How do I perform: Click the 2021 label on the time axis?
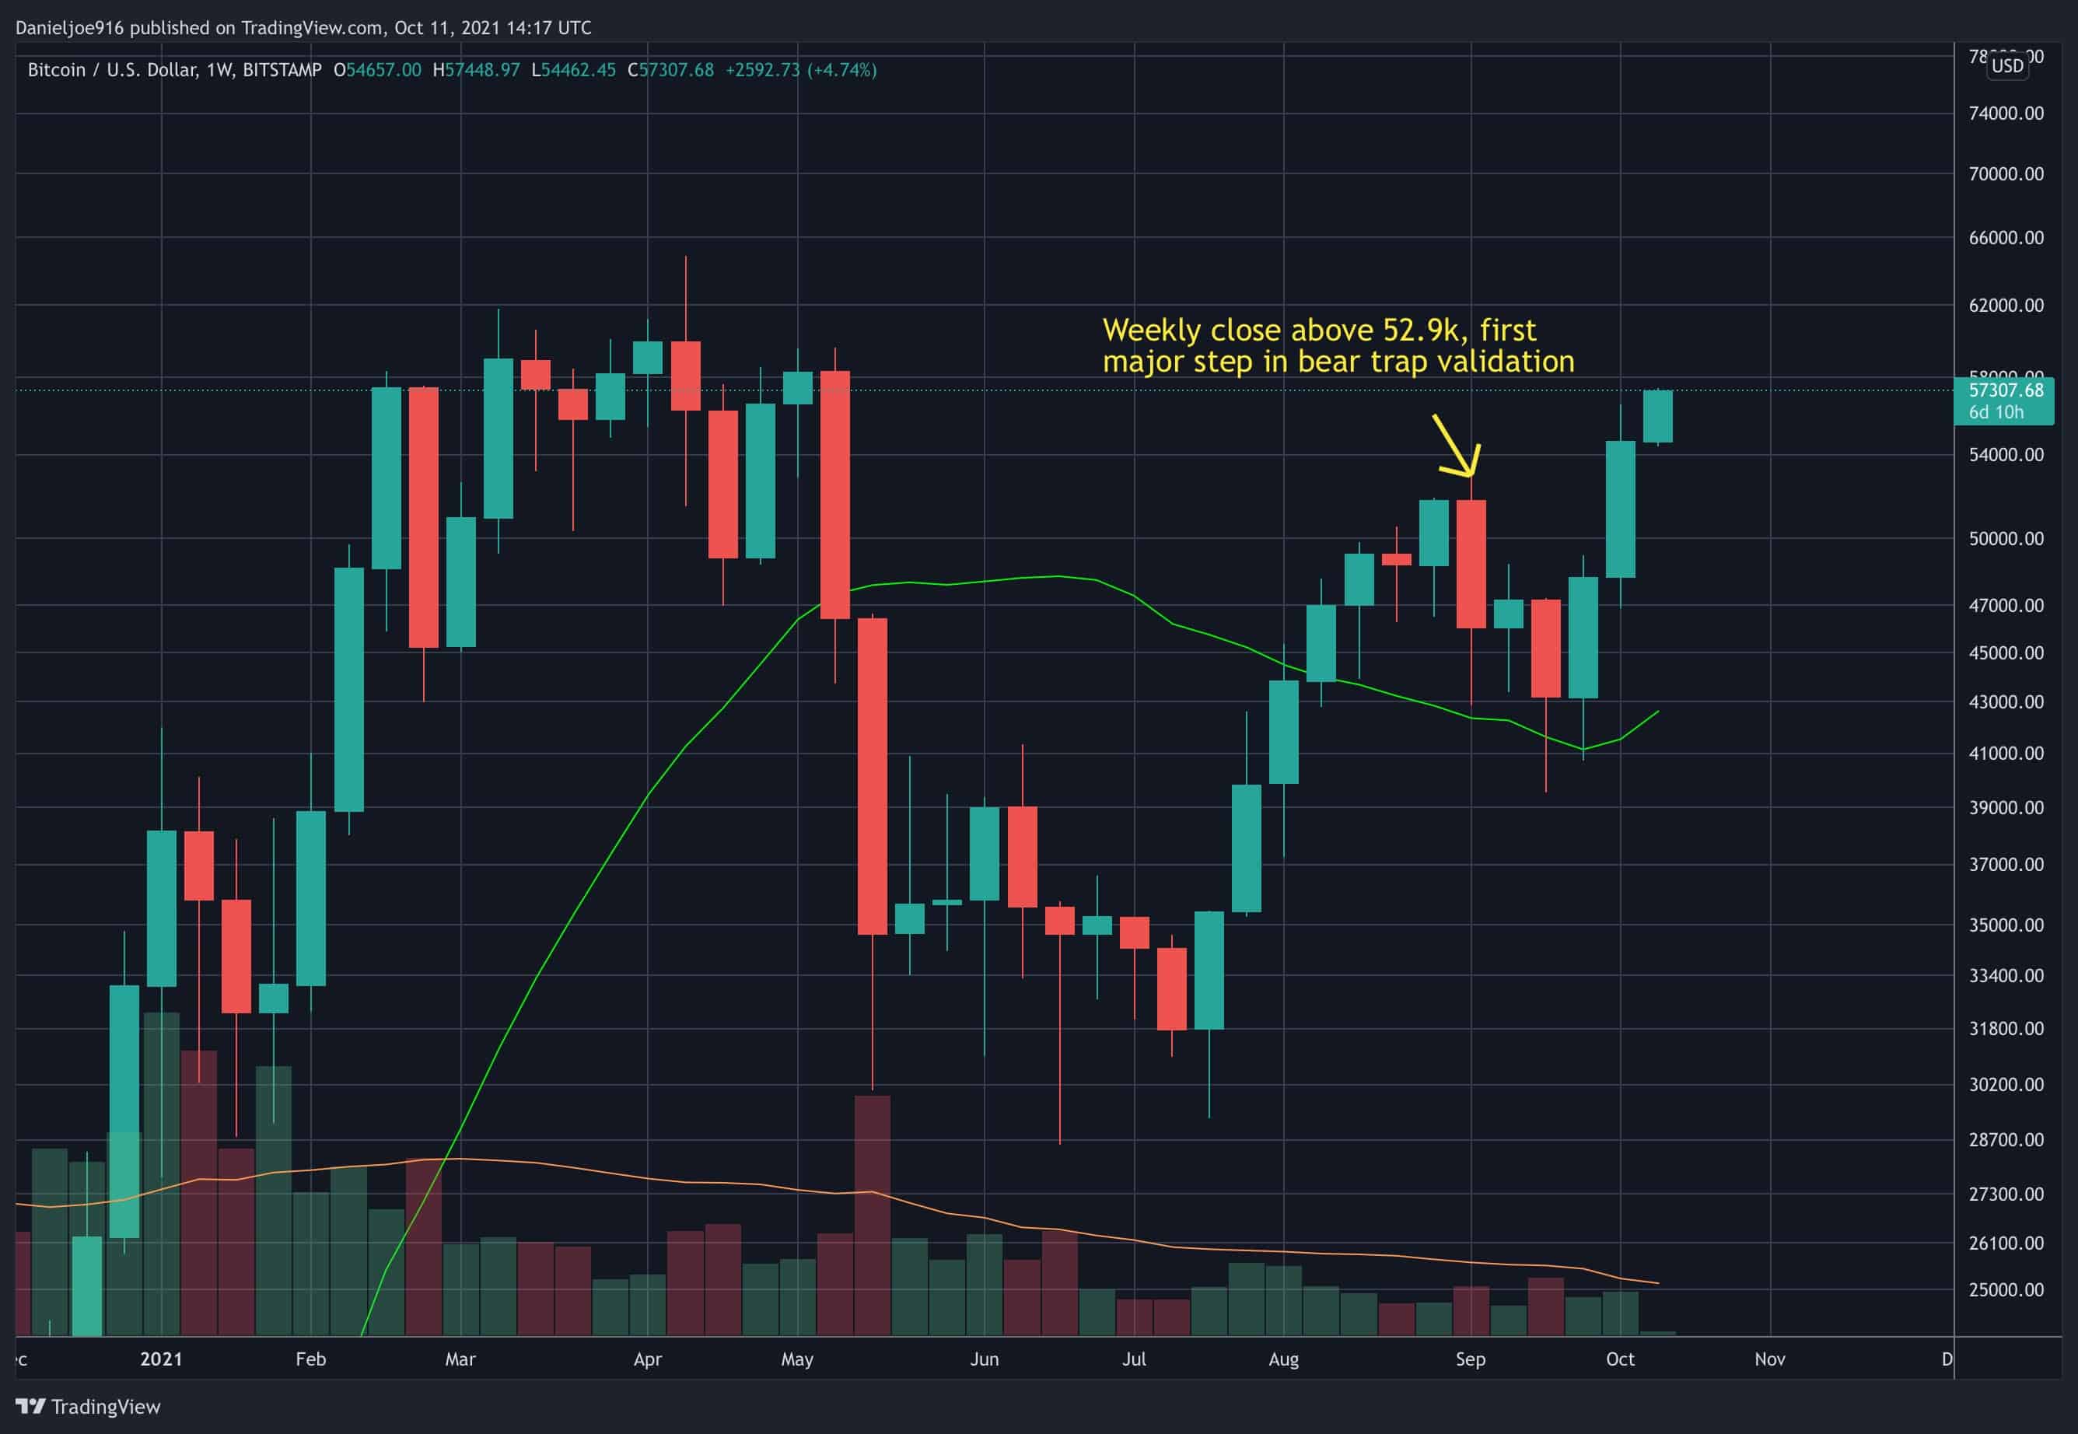point(161,1359)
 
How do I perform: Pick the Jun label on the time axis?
point(984,1359)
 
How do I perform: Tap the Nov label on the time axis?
point(1769,1359)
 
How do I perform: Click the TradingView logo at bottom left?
point(88,1407)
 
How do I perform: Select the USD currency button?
point(2007,65)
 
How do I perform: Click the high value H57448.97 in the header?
point(476,70)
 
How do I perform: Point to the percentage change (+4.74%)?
point(841,70)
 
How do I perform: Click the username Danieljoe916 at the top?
point(69,28)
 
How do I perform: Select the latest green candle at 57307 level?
point(1656,416)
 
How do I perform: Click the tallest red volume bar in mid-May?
point(872,1214)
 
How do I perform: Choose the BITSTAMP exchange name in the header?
point(282,70)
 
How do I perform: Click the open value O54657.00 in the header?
point(377,70)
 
